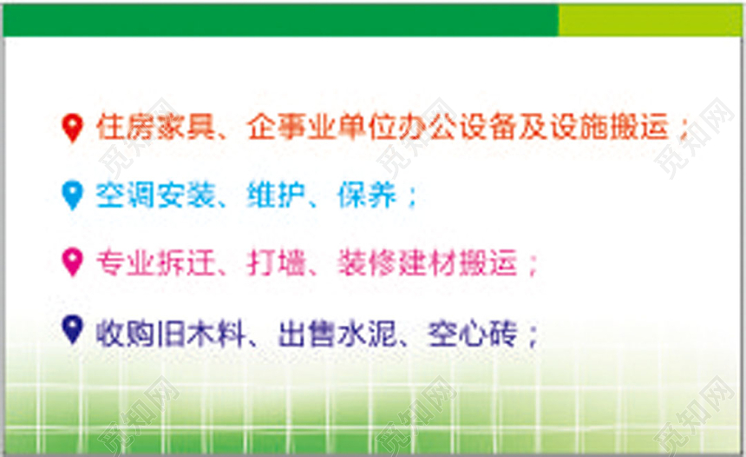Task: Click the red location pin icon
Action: click(x=73, y=128)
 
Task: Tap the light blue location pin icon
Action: click(x=73, y=194)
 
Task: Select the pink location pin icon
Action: click(x=73, y=261)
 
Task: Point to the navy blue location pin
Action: click(x=73, y=328)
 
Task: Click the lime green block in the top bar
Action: click(x=650, y=19)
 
